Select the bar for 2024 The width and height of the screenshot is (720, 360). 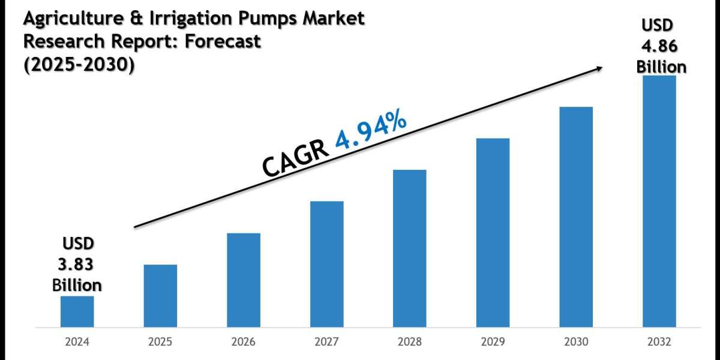(77, 312)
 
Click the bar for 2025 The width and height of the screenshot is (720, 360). (160, 296)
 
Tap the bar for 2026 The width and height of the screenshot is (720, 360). (244, 280)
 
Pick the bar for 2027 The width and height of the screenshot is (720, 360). (327, 265)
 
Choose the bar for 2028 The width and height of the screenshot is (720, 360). (410, 249)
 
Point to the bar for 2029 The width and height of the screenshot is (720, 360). (493, 233)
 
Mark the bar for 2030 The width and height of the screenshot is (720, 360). (576, 217)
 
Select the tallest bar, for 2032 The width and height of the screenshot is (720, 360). (659, 202)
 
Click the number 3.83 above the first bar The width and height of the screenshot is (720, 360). (77, 265)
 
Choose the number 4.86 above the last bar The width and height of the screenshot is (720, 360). (661, 46)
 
